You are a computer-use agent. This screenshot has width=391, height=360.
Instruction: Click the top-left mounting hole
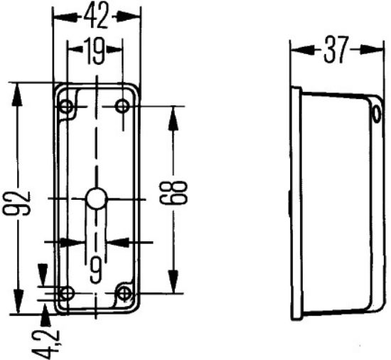click(68, 107)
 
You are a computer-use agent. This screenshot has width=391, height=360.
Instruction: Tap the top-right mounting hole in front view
click(123, 107)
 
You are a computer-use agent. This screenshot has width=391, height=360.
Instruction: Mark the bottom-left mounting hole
click(68, 292)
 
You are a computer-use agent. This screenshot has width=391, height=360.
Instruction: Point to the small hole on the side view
click(375, 110)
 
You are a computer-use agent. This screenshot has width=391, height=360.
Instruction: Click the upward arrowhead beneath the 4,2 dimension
click(46, 312)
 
